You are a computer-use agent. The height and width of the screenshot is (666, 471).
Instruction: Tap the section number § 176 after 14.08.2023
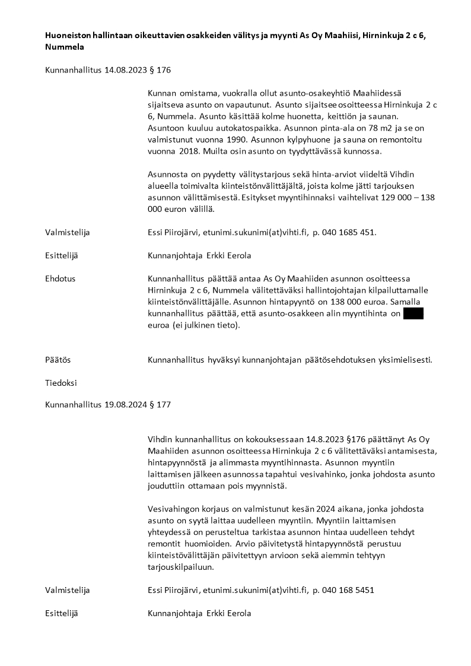coord(161,70)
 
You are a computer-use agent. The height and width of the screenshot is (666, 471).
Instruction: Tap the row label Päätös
coord(58,360)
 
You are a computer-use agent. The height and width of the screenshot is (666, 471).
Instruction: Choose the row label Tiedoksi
coord(61,383)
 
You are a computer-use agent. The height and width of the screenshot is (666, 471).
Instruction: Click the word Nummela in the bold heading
coord(65,46)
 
